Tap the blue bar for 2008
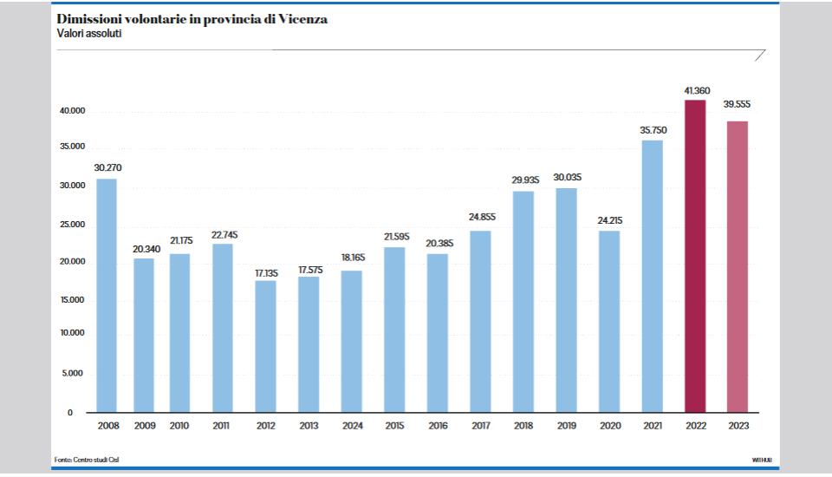click(x=107, y=295)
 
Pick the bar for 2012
click(x=266, y=346)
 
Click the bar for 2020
click(x=609, y=321)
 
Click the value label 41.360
click(x=695, y=91)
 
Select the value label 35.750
click(x=653, y=130)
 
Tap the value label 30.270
click(x=107, y=168)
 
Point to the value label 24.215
click(x=609, y=220)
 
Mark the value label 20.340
click(x=146, y=249)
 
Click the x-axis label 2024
click(x=352, y=426)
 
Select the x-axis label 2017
click(x=481, y=426)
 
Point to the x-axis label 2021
click(x=653, y=426)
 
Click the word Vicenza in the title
click(x=301, y=19)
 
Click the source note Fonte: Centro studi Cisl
click(x=86, y=459)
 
